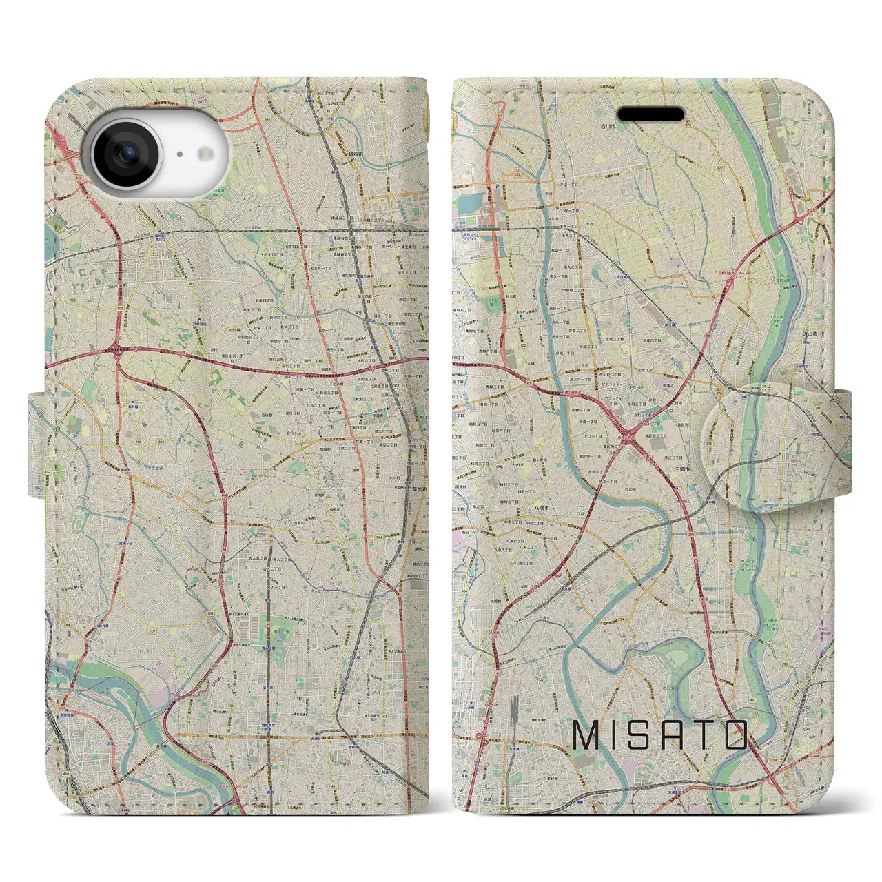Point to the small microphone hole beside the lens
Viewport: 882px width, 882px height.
coord(179,154)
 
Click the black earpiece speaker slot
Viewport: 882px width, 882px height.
coord(651,114)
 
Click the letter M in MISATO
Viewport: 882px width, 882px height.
coord(587,735)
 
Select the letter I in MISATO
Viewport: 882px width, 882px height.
coord(616,735)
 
